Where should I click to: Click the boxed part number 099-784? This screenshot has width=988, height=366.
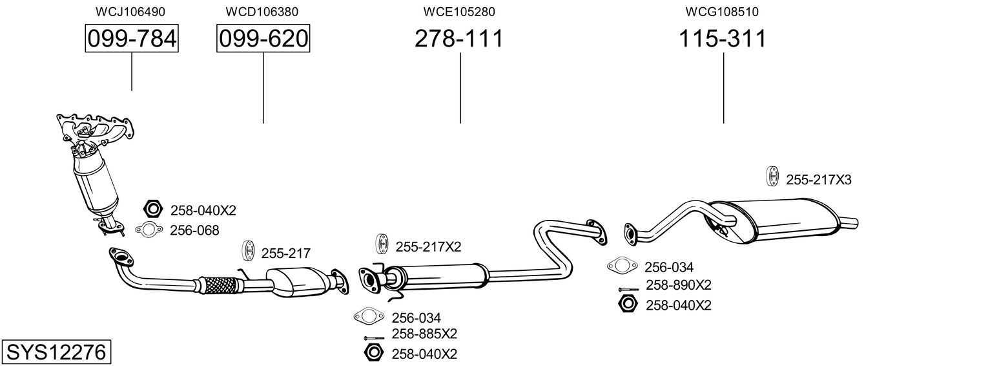[132, 39]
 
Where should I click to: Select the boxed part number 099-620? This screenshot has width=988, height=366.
[263, 39]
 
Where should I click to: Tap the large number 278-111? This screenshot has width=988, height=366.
[458, 39]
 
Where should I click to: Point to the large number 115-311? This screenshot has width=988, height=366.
[723, 39]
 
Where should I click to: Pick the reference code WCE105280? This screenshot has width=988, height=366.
[459, 12]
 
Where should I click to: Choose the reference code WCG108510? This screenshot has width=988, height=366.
[722, 12]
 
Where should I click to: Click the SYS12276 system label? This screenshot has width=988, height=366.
[56, 352]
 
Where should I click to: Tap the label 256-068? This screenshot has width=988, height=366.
[194, 230]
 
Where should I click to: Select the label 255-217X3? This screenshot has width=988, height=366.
[818, 180]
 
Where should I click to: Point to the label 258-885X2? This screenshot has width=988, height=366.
[424, 334]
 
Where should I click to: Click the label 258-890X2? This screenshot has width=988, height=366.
[678, 285]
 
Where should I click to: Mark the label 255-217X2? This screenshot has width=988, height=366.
[428, 246]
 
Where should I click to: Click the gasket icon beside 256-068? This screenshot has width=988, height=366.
[149, 229]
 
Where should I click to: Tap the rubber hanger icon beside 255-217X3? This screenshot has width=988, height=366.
[772, 177]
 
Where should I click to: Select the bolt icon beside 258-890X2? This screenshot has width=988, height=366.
[628, 288]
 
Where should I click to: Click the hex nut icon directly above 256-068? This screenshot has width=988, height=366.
[153, 209]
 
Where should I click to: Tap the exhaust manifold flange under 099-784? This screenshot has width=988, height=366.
[97, 126]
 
